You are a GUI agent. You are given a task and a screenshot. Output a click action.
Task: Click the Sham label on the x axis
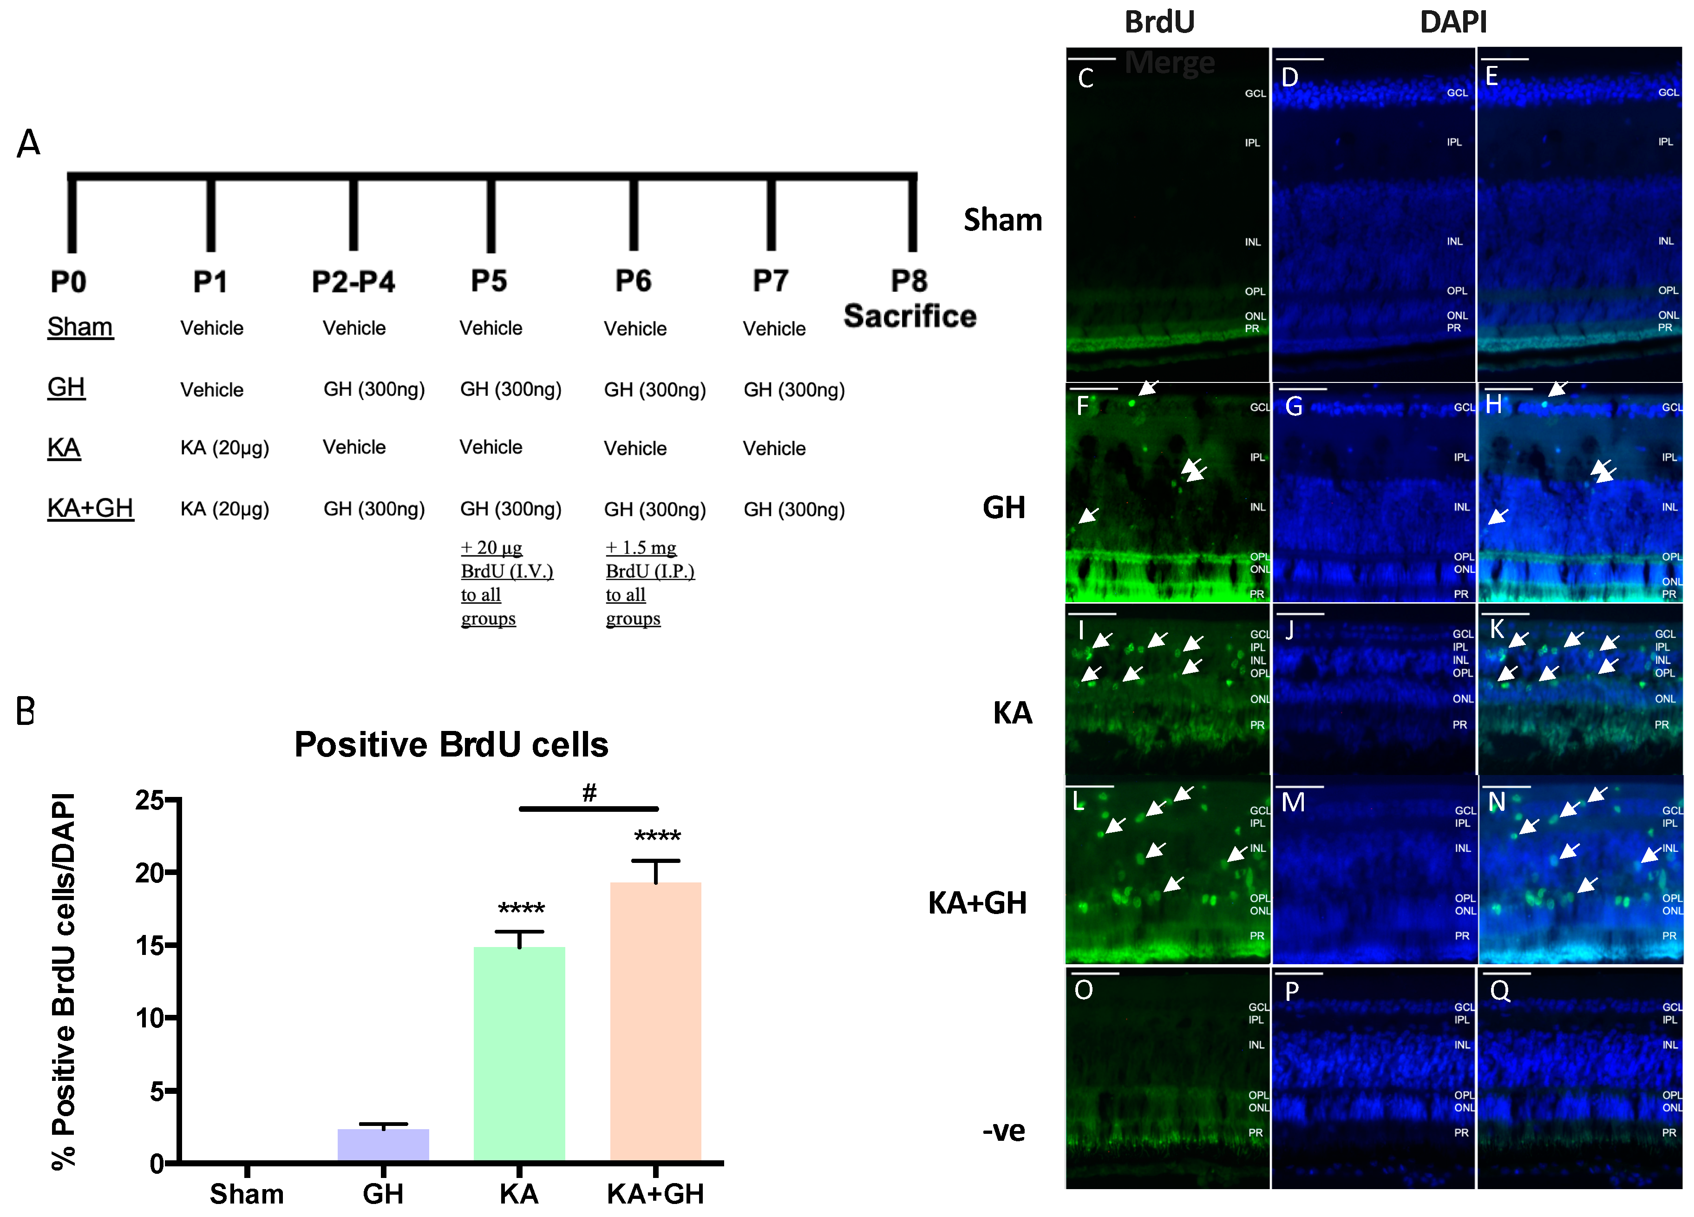(x=247, y=1194)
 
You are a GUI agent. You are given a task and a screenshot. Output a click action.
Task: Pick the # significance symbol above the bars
(x=589, y=792)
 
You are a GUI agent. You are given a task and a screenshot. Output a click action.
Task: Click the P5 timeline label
(x=489, y=281)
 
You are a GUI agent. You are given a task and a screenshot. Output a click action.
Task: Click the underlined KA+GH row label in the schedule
(x=91, y=508)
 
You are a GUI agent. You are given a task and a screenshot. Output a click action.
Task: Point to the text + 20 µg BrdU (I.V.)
(x=506, y=559)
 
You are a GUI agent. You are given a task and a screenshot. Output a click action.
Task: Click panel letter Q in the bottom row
(x=1500, y=991)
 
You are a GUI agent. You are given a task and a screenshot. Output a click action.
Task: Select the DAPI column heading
(x=1453, y=22)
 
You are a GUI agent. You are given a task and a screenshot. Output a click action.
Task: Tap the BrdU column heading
(x=1159, y=22)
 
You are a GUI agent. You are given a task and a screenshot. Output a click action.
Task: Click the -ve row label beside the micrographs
(x=1003, y=1131)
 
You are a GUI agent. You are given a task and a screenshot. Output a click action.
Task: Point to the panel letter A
(x=28, y=143)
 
